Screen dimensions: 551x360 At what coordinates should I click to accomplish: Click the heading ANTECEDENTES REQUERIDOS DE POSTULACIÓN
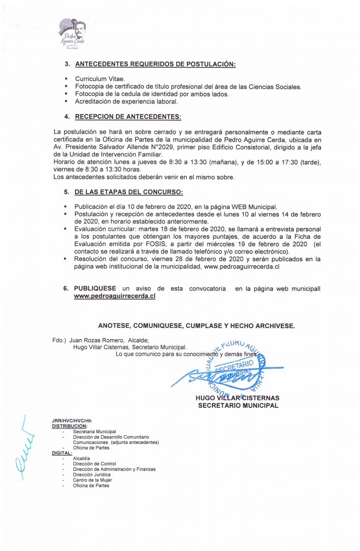[x=155, y=65]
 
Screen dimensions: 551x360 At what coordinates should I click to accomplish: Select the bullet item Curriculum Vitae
[x=96, y=80]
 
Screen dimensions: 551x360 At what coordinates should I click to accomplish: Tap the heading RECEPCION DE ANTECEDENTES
[x=127, y=117]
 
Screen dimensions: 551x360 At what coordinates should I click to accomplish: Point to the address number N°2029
[x=148, y=147]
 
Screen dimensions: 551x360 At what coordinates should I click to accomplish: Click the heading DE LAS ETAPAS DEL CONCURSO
[x=128, y=192]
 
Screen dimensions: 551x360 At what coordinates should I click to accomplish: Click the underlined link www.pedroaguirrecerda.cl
[x=114, y=296]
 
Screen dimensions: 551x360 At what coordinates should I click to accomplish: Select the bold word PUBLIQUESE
[x=95, y=289]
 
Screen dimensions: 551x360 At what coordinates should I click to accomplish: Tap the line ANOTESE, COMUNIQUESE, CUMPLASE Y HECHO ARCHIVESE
[x=196, y=325]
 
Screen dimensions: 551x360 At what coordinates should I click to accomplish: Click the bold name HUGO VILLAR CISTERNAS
[x=237, y=398]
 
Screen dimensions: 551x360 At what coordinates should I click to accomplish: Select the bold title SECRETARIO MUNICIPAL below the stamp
[x=238, y=406]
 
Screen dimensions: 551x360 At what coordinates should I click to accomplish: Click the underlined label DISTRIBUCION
[x=69, y=426]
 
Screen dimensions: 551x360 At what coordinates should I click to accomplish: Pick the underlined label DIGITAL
[x=62, y=453]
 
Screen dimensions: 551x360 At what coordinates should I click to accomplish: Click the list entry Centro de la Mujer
[x=92, y=480]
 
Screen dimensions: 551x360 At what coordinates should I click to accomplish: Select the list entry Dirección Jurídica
[x=92, y=474]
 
